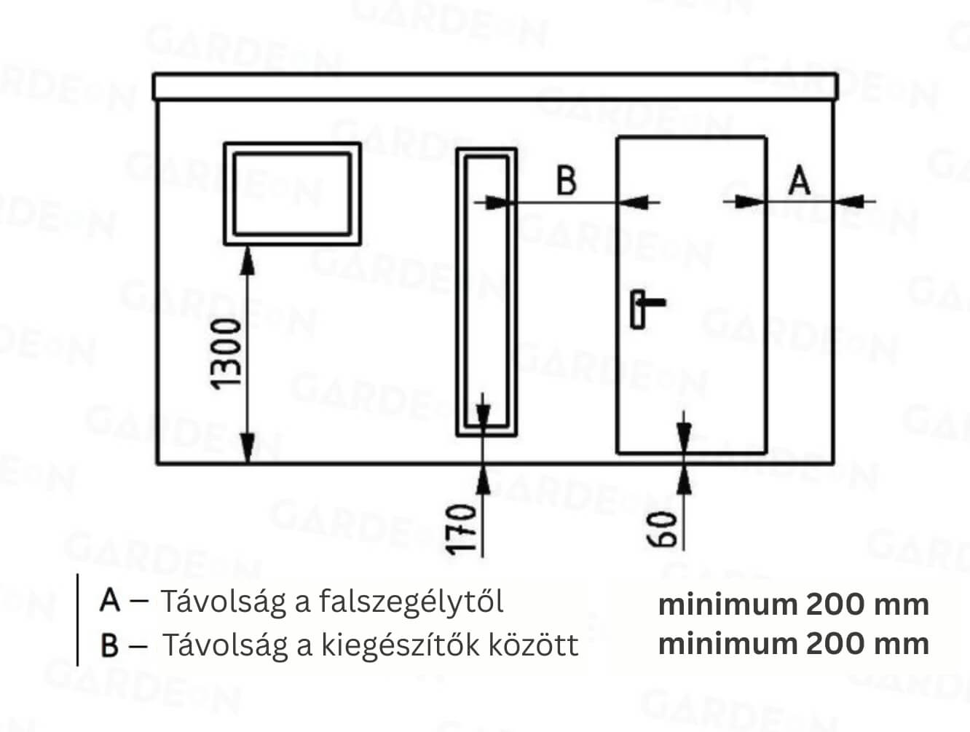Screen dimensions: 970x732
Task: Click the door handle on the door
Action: point(647,310)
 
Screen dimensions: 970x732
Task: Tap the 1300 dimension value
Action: point(226,355)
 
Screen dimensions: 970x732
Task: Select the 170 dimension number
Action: point(462,530)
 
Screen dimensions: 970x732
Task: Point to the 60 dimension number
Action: point(661,530)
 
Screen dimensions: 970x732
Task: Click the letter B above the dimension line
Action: point(567,181)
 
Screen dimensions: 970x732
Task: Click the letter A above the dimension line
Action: point(800,181)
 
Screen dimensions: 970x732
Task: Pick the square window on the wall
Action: point(292,194)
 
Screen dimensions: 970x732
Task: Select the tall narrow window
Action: point(486,292)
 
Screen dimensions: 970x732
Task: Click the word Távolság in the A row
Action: point(224,602)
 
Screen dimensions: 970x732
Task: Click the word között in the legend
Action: point(533,645)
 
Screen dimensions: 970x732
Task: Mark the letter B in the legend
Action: point(109,645)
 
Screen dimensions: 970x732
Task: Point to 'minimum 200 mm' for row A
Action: point(794,605)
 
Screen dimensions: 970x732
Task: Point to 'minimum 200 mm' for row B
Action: point(794,644)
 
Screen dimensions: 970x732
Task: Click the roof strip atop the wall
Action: point(495,87)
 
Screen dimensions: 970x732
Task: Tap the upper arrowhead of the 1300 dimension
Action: point(248,260)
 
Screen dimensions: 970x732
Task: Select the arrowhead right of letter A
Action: point(849,202)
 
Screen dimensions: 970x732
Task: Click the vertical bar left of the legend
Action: point(78,620)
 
